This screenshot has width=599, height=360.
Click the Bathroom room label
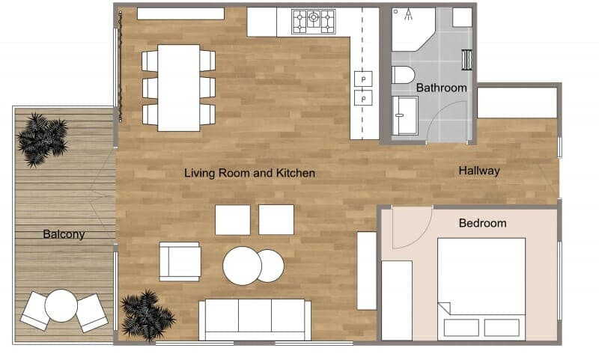coord(441,88)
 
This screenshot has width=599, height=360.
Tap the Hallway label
coord(479,171)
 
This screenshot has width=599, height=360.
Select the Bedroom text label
coord(482,223)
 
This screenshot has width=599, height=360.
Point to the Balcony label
coord(64,234)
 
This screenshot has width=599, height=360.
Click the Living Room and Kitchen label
coord(249,173)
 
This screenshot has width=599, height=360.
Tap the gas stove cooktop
coord(313,22)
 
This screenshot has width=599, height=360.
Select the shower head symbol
coord(408,14)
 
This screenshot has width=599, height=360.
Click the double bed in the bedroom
coord(481,289)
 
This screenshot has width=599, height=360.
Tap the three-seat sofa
coord(255,320)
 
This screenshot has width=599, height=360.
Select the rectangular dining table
coord(179,88)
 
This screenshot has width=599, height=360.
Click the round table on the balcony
coord(61,305)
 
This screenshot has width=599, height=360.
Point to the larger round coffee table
coord(242,266)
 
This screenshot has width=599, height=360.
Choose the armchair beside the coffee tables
coord(180,261)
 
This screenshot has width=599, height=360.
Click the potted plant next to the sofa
coord(148,315)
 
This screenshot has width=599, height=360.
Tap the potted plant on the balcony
coord(42,139)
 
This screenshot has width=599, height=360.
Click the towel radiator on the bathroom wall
coord(466,60)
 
